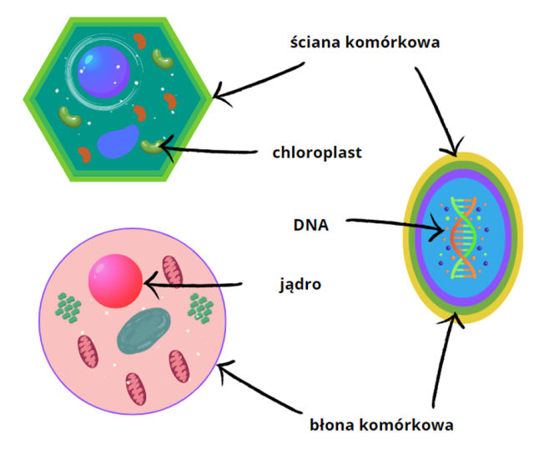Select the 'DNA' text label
point(311,224)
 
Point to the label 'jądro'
point(300,285)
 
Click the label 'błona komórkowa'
point(380,425)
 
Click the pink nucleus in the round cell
point(115,282)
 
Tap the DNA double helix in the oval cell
point(466,238)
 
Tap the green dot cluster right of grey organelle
point(201,310)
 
